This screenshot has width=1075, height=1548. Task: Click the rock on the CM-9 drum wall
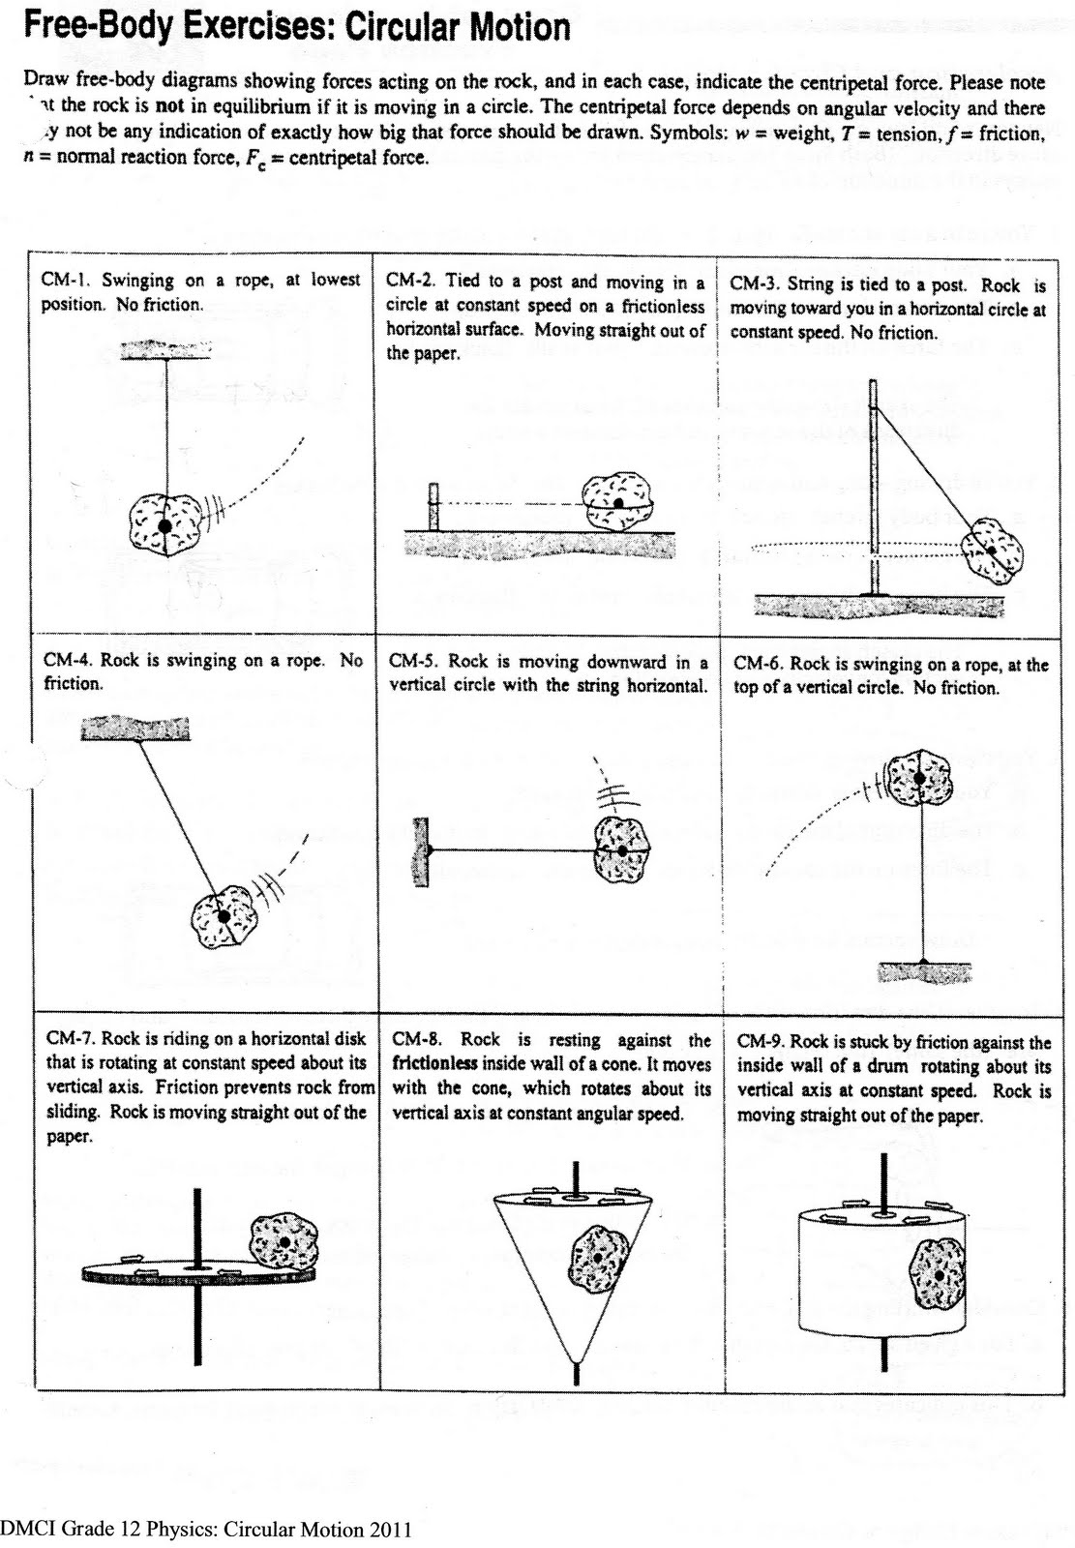(940, 1275)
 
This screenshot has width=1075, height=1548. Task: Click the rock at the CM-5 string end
(621, 850)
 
